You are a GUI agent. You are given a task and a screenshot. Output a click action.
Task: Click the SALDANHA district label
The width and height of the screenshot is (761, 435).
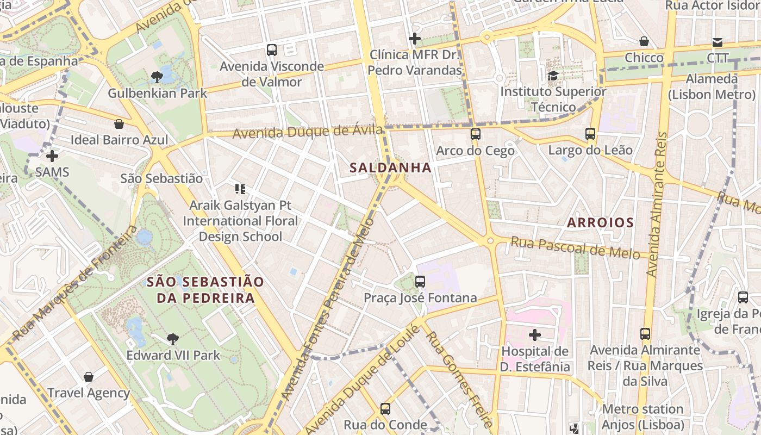click(x=391, y=167)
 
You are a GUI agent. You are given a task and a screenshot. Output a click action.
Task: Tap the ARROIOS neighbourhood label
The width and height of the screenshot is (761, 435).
click(x=600, y=222)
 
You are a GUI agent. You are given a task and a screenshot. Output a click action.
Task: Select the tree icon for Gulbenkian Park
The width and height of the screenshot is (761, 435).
click(x=157, y=77)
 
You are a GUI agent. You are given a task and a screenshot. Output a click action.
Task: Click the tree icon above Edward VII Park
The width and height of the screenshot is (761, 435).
click(x=173, y=340)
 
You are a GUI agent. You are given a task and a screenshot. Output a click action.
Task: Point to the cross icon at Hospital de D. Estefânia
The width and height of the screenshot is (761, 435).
click(x=535, y=335)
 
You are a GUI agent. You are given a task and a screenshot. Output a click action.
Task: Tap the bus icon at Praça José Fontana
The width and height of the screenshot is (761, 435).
click(x=420, y=282)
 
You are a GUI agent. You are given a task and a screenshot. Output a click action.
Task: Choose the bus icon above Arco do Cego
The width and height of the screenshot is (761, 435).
click(x=475, y=134)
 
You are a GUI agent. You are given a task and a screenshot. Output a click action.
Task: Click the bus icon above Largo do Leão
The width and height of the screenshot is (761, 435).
click(x=590, y=133)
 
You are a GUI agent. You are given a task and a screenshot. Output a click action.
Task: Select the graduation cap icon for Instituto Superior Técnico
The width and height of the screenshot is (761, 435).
click(x=553, y=76)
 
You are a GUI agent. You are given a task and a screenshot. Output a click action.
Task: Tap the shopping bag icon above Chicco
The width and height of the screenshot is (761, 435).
click(x=644, y=41)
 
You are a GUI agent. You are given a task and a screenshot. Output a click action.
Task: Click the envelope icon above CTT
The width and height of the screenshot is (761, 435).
click(x=718, y=42)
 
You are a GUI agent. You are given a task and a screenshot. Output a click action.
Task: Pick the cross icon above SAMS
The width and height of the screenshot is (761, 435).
click(x=52, y=157)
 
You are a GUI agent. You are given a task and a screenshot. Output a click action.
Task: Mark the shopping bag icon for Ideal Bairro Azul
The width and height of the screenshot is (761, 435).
click(x=119, y=124)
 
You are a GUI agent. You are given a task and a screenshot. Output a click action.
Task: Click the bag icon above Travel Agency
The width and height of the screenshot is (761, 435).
click(x=89, y=377)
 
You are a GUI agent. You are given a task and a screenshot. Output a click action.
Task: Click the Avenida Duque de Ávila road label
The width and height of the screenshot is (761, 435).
click(x=308, y=132)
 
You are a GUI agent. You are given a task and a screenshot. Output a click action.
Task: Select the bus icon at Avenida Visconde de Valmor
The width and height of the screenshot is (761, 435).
click(x=272, y=50)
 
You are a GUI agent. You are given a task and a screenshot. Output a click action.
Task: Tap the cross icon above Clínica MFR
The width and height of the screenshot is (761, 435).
click(x=415, y=39)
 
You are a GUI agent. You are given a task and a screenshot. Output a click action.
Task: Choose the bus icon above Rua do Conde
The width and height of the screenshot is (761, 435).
click(x=385, y=408)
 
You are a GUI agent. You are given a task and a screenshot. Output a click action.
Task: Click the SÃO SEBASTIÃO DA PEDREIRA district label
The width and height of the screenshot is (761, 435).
click(x=205, y=290)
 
